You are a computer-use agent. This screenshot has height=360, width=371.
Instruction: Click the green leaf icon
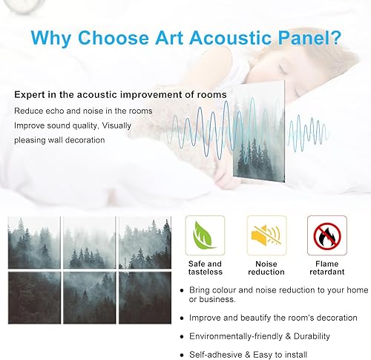204,235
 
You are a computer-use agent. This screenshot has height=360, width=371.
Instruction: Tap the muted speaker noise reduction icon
265,235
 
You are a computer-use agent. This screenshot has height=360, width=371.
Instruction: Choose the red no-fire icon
326,235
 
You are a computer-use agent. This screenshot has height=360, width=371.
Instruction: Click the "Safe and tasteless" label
204,268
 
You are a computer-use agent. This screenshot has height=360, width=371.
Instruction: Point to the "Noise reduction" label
265,268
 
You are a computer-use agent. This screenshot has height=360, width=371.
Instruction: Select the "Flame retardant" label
326,268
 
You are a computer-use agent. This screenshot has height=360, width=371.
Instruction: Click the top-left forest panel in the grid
33,242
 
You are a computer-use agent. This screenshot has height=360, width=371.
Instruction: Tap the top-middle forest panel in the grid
90,242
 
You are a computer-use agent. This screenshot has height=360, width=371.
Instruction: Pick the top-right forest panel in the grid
145,242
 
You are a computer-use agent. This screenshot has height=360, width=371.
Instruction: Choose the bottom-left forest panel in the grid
33,297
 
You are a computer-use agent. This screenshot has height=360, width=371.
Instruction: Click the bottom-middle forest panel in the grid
90,297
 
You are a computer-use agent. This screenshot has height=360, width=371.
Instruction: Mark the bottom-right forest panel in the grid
145,297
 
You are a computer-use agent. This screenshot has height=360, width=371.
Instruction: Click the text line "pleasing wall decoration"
59,140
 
